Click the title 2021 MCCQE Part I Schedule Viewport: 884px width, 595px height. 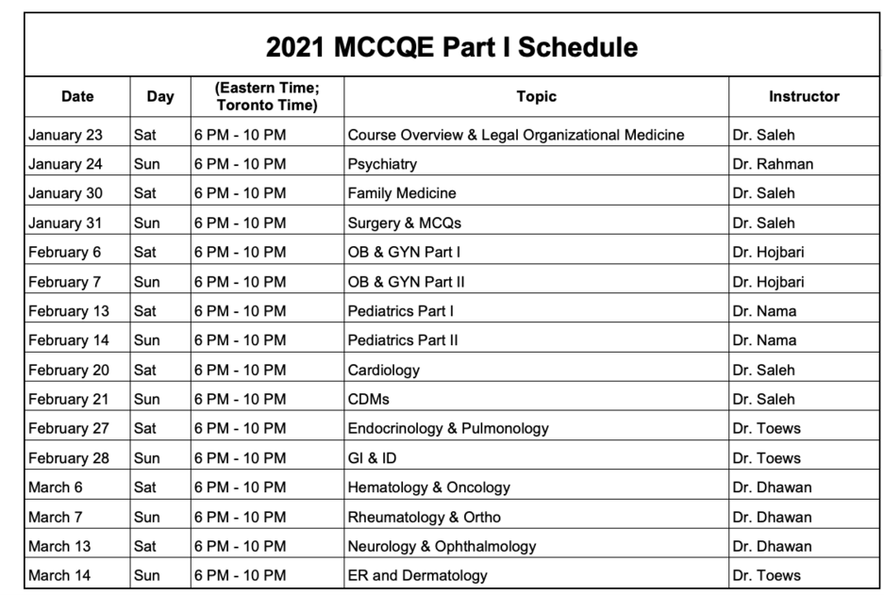[451, 46]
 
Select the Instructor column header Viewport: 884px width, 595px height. [803, 96]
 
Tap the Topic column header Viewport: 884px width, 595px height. [536, 96]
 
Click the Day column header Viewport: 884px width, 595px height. [160, 96]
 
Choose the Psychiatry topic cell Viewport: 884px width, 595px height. [382, 164]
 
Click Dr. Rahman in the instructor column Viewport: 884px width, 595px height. [772, 164]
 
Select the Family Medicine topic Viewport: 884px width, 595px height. [402, 193]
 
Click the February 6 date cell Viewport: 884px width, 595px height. [65, 253]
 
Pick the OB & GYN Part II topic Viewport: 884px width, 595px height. [406, 282]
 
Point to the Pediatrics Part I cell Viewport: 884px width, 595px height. [401, 311]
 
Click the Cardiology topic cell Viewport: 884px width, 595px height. [384, 370]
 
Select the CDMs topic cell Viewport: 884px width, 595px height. [369, 399]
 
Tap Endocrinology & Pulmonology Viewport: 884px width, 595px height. [448, 428]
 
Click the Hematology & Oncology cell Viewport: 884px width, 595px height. [429, 488]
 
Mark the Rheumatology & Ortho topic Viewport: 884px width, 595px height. [425, 517]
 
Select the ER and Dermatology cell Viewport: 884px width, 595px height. [418, 575]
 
